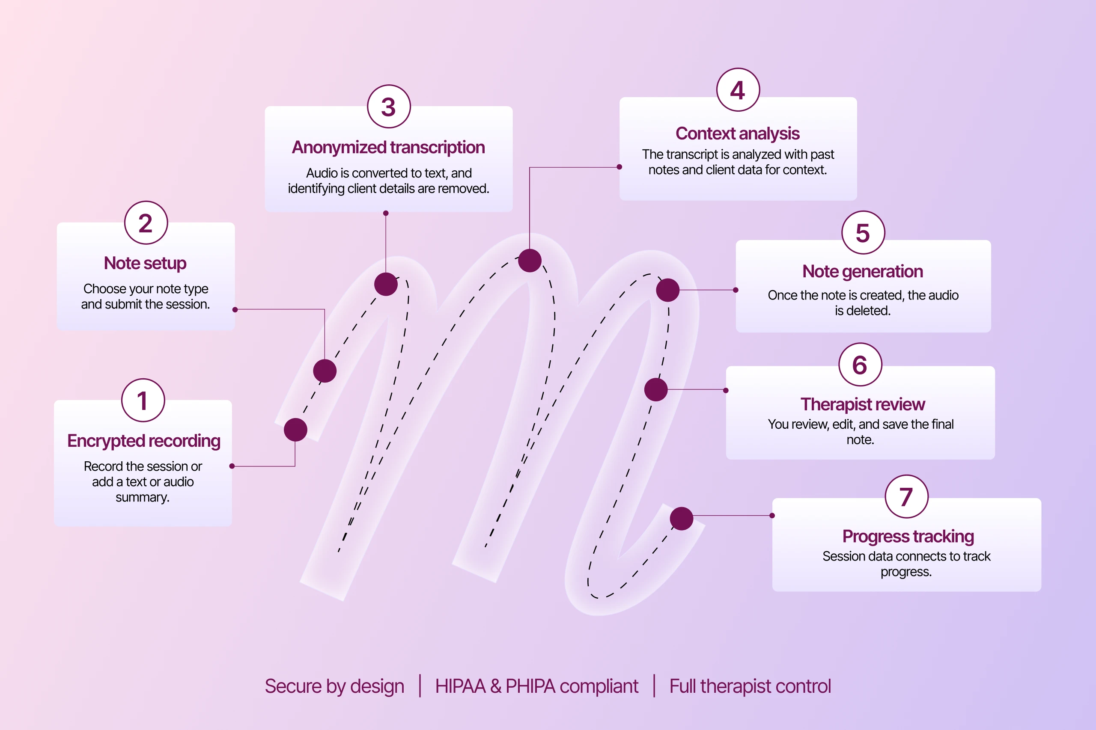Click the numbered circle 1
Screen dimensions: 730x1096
click(143, 401)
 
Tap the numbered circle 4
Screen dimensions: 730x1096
click(738, 90)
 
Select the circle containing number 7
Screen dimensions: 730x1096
click(906, 496)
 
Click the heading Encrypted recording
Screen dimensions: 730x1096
click(143, 440)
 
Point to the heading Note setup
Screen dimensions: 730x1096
click(145, 263)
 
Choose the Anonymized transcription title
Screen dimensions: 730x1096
click(388, 147)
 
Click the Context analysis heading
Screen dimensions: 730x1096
click(737, 134)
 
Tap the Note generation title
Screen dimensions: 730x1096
click(862, 271)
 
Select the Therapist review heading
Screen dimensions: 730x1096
click(862, 404)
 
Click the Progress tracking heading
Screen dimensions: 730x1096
click(908, 536)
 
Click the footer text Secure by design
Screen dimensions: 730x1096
click(334, 686)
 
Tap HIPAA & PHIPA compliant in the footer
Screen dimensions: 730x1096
click(536, 686)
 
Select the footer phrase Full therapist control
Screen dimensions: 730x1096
click(750, 686)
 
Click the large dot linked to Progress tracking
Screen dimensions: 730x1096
click(682, 519)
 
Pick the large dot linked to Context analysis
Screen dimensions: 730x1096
click(530, 260)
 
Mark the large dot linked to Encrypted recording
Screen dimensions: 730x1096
click(295, 429)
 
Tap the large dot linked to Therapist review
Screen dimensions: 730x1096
click(656, 390)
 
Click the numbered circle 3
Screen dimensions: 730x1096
click(388, 107)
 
